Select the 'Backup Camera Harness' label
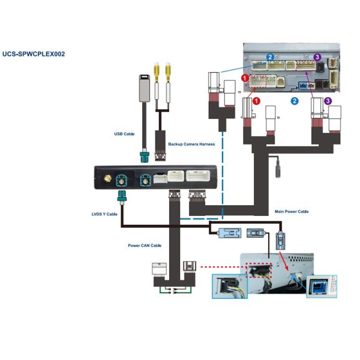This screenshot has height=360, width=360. [191, 144]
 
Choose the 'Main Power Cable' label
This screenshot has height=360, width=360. [291, 211]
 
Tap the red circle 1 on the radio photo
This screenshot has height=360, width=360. [245, 78]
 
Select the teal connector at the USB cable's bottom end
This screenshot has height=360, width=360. [144, 158]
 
